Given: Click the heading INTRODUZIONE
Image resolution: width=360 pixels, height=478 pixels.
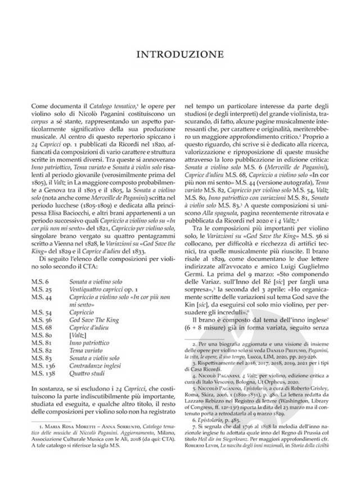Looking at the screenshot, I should pyautogui.click(x=180, y=55).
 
